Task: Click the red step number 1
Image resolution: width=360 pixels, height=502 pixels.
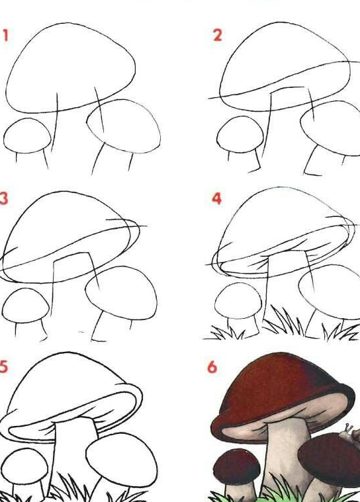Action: pos(5,35)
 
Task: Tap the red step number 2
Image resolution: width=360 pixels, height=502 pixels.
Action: pos(218,35)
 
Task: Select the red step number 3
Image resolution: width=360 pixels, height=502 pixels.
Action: pos(4,198)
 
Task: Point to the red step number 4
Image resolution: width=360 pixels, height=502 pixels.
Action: pos(217,198)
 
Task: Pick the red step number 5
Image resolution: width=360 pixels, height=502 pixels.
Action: pos(3,366)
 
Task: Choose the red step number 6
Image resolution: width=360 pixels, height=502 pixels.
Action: pos(212,367)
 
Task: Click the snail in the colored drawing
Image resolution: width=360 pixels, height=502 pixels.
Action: pos(351,432)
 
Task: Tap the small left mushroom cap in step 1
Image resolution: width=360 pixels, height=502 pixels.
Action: pos(27,136)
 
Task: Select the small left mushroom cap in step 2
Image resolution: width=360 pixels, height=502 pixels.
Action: pos(240,134)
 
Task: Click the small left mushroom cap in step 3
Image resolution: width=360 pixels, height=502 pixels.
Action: pos(26,306)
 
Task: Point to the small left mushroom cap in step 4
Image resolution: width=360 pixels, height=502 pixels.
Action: pos(238,300)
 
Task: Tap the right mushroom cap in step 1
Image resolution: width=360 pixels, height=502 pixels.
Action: pos(124,126)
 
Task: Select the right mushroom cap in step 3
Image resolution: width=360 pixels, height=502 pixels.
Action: pos(121,293)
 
